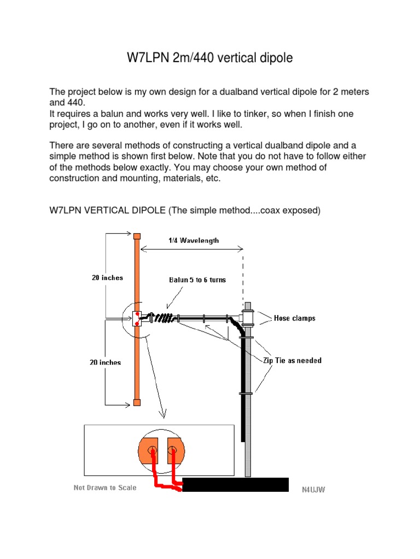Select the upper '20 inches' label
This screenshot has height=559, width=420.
(x=107, y=278)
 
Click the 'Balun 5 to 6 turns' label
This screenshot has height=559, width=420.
(x=197, y=280)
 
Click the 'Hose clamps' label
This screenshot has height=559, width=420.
(x=294, y=318)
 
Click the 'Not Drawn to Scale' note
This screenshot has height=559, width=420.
(x=105, y=487)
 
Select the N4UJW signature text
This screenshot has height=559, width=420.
(x=313, y=490)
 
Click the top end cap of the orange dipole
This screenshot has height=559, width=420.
(x=137, y=236)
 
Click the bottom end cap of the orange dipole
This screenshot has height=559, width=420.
(x=137, y=403)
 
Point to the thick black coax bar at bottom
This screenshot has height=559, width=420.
(x=235, y=485)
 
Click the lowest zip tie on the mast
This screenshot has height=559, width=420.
(x=245, y=393)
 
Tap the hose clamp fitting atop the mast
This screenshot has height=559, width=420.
(x=248, y=316)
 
